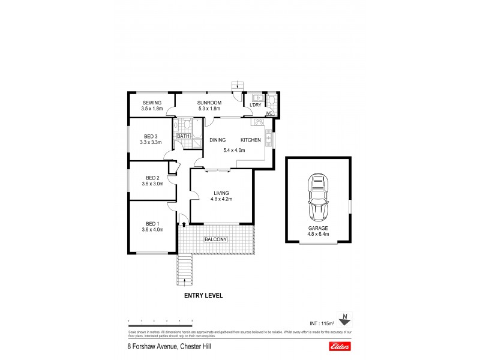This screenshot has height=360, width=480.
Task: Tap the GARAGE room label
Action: pyautogui.click(x=319, y=229)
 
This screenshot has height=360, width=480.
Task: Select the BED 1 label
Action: pyautogui.click(x=152, y=223)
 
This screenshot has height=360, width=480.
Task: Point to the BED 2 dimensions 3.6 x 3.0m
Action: pyautogui.click(x=152, y=184)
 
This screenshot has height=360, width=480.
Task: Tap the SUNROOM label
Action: pyautogui.click(x=209, y=103)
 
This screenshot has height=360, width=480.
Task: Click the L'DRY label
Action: pyautogui.click(x=255, y=105)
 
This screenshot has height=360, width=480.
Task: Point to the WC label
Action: pyautogui.click(x=269, y=113)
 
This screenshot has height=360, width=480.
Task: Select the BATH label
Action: pyautogui.click(x=183, y=136)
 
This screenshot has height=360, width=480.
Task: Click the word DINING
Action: pyautogui.click(x=217, y=140)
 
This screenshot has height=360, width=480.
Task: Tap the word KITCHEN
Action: pyautogui.click(x=251, y=140)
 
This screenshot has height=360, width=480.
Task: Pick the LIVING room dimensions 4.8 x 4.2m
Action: pyautogui.click(x=221, y=199)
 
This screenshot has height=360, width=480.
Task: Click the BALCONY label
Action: pyautogui.click(x=216, y=239)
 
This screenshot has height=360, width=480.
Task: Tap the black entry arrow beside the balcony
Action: pyautogui.click(x=184, y=224)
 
